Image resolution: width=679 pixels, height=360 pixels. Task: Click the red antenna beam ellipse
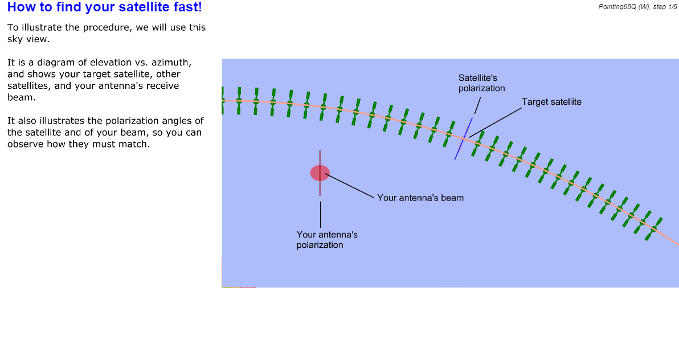click(x=320, y=173)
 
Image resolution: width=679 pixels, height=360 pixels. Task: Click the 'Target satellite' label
click(x=551, y=102)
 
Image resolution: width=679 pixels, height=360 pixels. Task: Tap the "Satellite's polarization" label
click(x=481, y=83)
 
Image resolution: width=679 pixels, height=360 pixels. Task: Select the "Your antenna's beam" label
click(x=420, y=198)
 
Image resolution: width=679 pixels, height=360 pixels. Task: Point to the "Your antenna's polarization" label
click(x=327, y=240)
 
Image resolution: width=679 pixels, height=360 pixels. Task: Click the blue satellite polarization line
click(x=464, y=138)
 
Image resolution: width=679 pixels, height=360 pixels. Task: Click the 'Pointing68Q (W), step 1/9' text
click(x=637, y=6)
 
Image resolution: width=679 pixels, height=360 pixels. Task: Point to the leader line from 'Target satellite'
click(x=496, y=122)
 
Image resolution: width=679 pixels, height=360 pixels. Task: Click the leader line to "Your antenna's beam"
click(x=349, y=186)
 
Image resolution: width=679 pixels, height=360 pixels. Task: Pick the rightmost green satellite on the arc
click(x=653, y=229)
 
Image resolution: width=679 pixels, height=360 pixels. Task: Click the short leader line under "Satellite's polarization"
click(x=478, y=106)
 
